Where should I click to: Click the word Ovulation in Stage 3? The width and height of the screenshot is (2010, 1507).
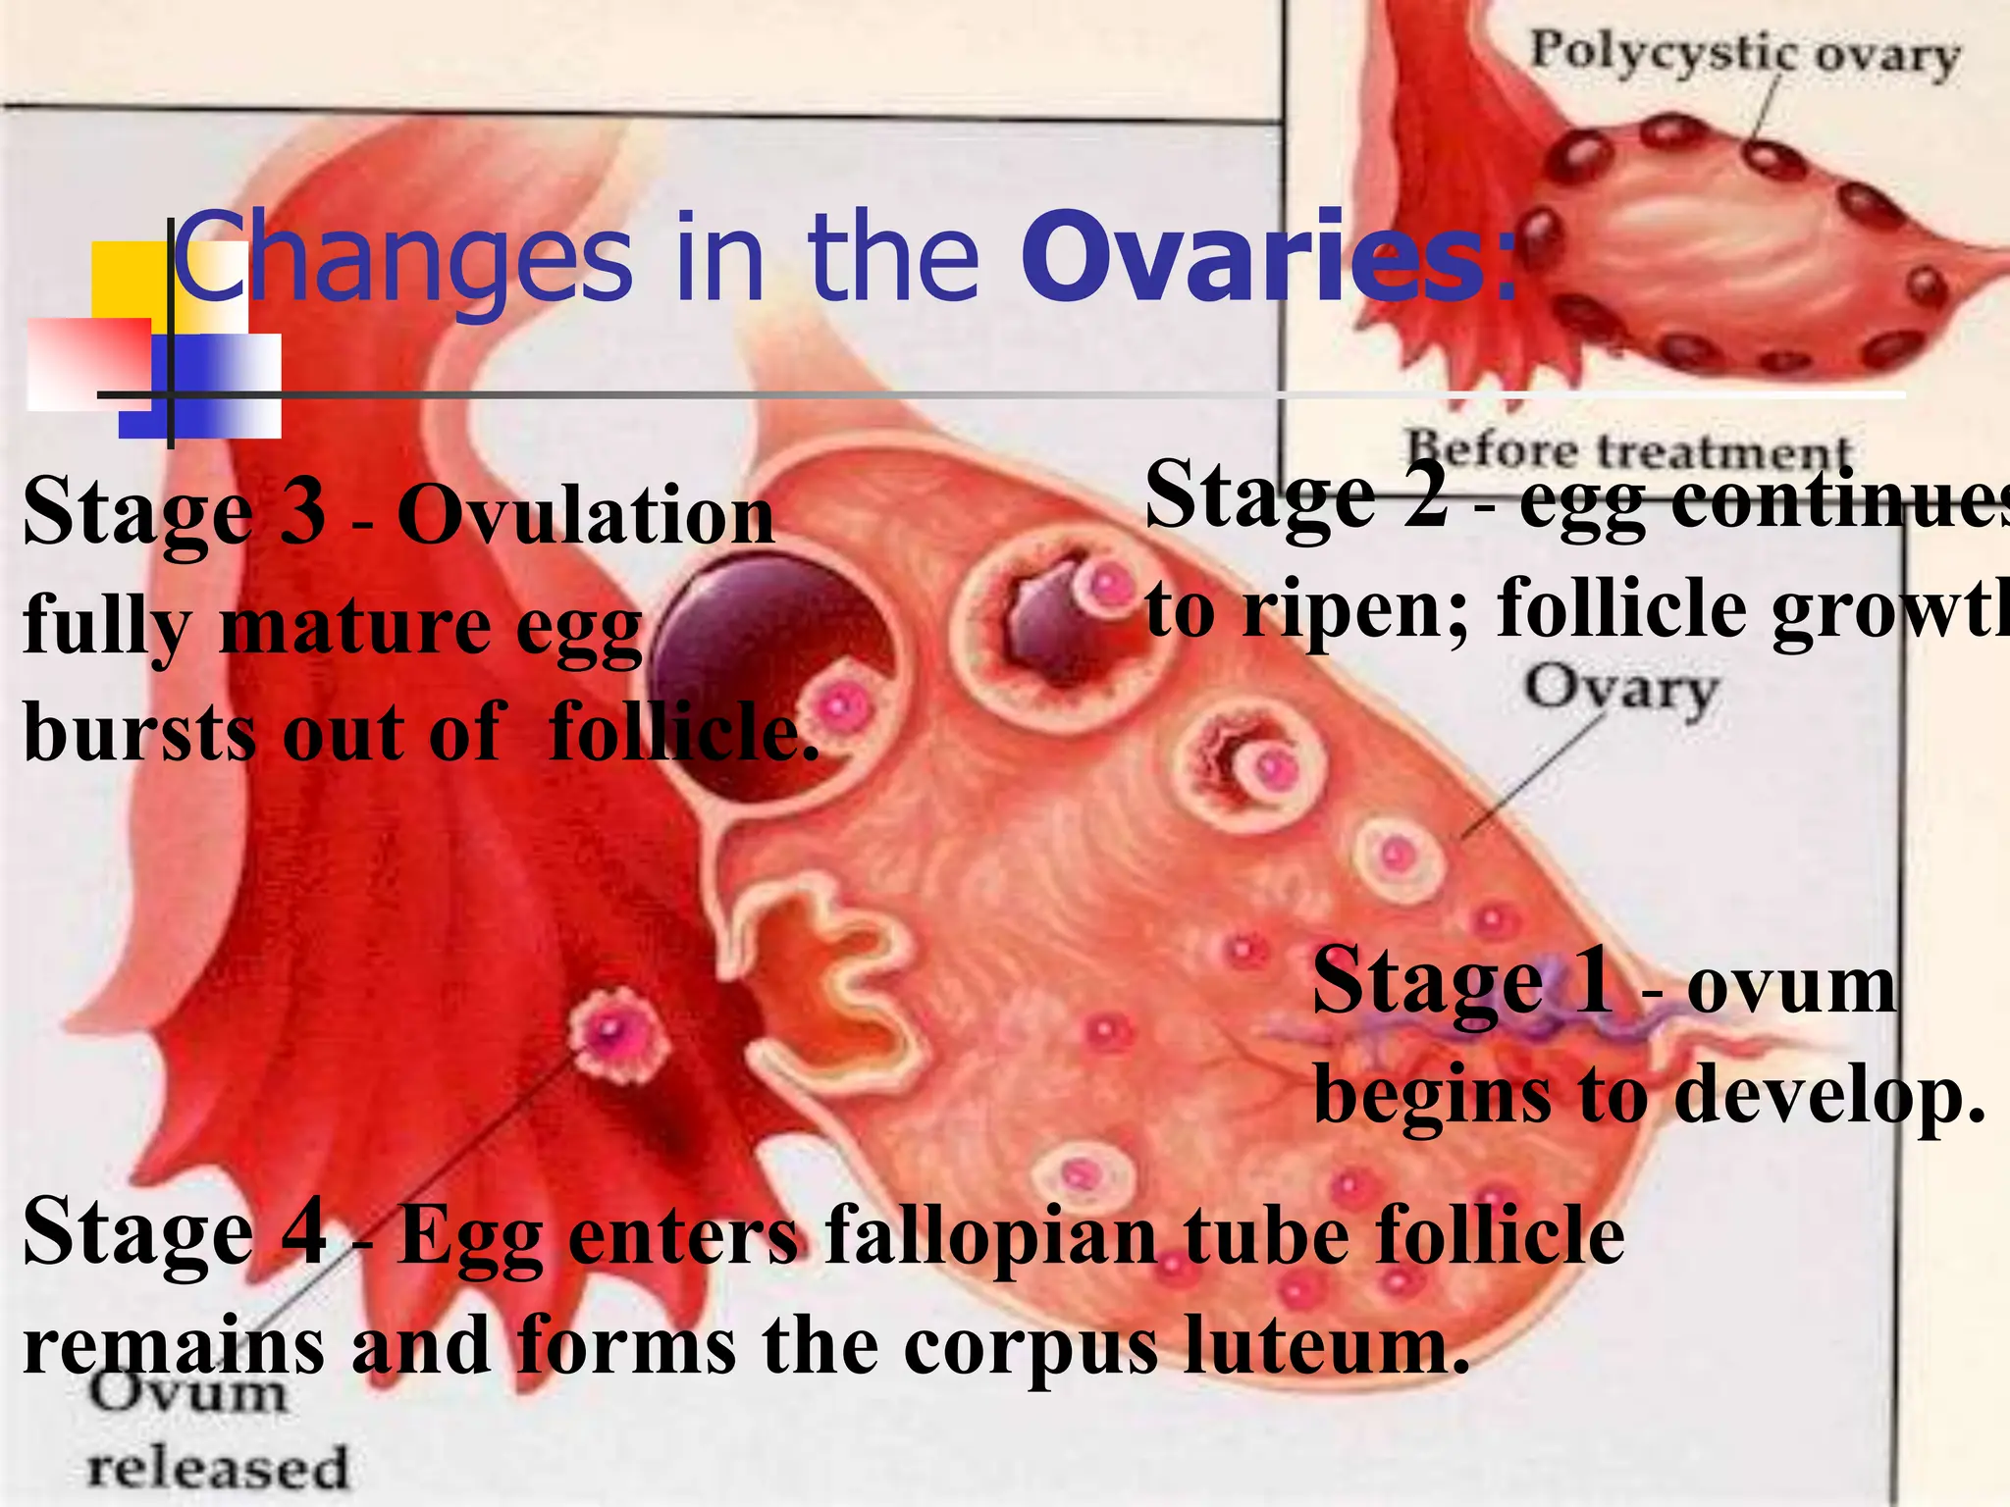tap(586, 516)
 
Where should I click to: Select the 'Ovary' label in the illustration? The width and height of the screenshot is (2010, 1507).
tap(1620, 691)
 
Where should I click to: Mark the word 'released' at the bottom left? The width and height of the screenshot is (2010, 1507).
tap(218, 1468)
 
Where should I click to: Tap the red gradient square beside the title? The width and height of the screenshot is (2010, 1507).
tap(88, 363)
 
